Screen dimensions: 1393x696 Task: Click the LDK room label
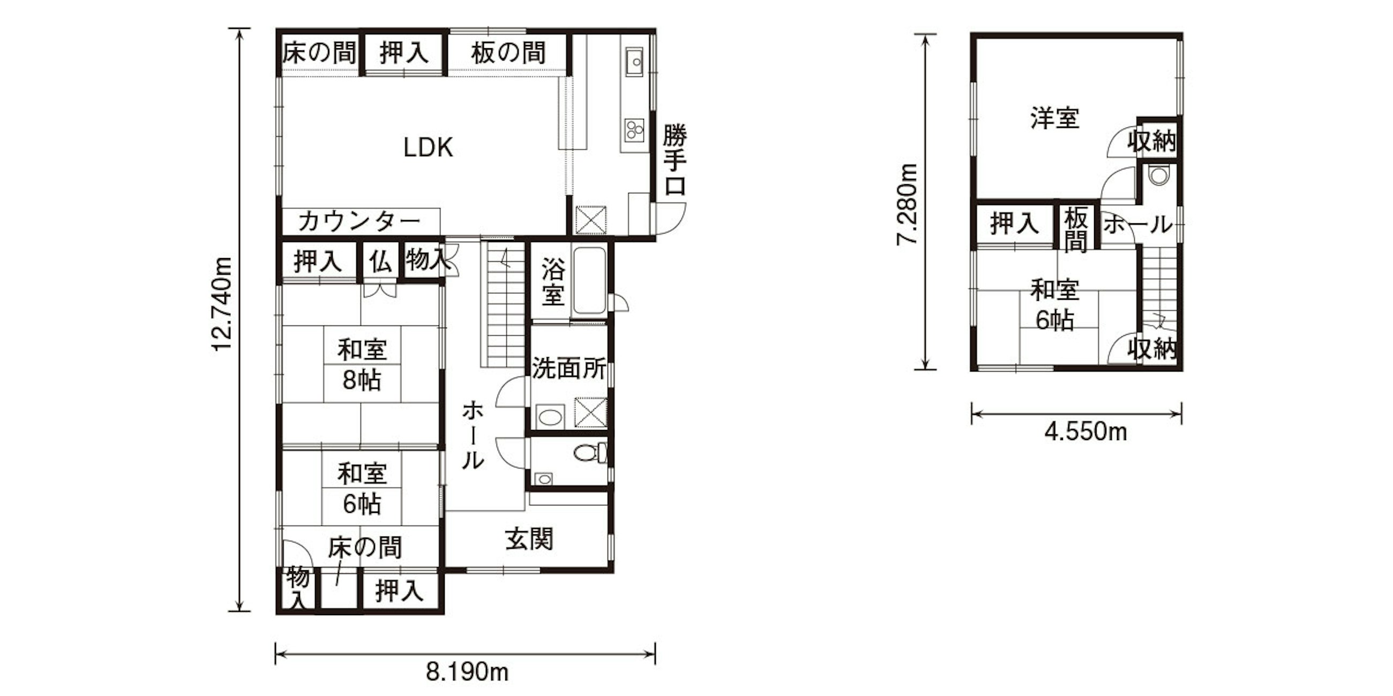click(428, 148)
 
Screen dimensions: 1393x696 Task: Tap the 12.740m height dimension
click(222, 304)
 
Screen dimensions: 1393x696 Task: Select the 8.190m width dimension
click(467, 673)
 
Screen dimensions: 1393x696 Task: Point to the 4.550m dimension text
click(1085, 432)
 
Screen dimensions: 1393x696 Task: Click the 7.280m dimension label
click(907, 205)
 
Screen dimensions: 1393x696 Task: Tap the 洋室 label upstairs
click(1054, 118)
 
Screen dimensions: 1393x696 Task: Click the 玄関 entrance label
click(529, 539)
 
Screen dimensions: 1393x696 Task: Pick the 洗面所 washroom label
click(569, 368)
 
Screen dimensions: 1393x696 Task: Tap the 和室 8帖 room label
click(362, 365)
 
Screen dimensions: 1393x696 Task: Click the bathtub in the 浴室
click(589, 281)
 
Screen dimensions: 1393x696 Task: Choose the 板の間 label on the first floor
click(508, 53)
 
